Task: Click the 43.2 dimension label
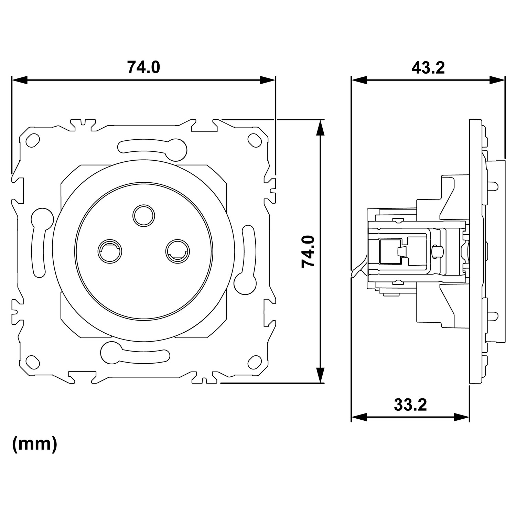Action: click(428, 68)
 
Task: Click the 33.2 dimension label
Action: click(410, 405)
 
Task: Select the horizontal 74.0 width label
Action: click(143, 67)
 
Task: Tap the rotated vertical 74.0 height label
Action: click(308, 251)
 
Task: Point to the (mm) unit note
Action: click(35, 444)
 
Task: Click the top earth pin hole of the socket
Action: click(144, 215)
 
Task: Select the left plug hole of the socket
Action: click(110, 250)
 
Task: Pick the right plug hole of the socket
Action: click(178, 250)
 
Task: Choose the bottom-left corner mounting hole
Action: click(33, 362)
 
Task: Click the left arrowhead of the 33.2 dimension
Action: click(359, 417)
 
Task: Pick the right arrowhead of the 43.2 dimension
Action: click(497, 80)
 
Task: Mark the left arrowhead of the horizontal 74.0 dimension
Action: click(19, 80)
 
